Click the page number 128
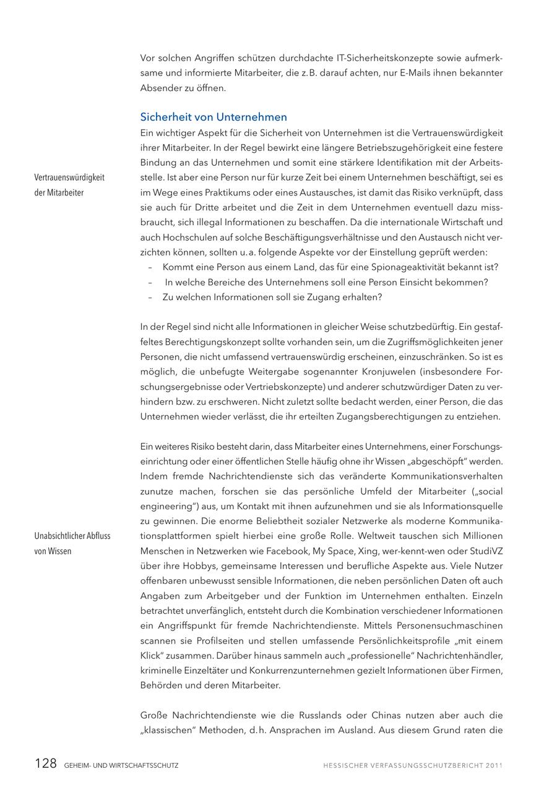click(45, 763)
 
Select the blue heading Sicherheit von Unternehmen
click(214, 117)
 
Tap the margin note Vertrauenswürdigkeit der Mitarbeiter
click(69, 184)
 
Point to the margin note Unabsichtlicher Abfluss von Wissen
click(72, 543)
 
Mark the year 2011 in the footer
click(493, 765)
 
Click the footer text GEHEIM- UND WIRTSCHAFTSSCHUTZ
click(121, 765)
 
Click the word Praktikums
click(233, 192)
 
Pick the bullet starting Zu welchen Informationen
click(272, 297)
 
